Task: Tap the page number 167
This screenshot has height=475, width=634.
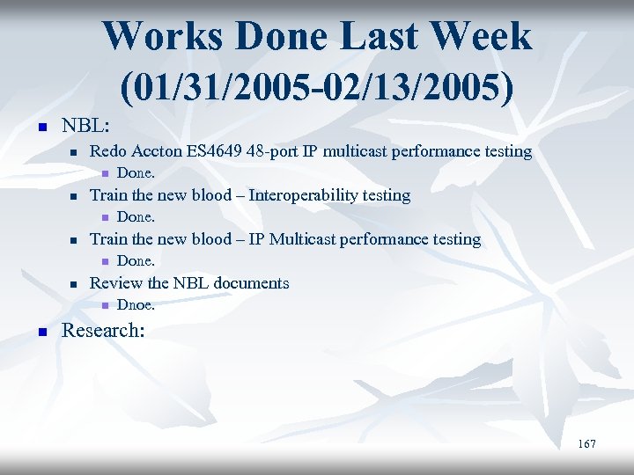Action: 586,444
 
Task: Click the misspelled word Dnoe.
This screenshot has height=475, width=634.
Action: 136,305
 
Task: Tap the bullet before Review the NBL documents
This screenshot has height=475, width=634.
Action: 74,284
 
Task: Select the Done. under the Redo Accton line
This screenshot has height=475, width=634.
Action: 136,173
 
